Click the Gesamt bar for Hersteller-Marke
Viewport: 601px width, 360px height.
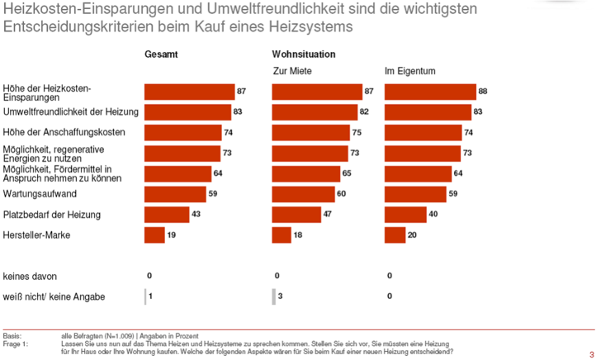point(154,235)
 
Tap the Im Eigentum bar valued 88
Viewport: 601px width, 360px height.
point(430,92)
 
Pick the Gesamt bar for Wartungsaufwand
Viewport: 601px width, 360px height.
point(175,194)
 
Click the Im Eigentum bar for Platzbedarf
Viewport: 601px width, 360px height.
point(405,215)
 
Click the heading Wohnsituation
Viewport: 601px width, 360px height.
point(304,54)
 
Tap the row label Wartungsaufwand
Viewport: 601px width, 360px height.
point(40,194)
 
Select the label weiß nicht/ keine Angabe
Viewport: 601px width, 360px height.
point(54,296)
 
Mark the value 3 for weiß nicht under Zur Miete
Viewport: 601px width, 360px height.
point(281,296)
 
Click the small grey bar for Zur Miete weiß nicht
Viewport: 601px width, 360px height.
point(274,296)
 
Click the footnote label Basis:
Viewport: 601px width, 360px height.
point(12,335)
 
